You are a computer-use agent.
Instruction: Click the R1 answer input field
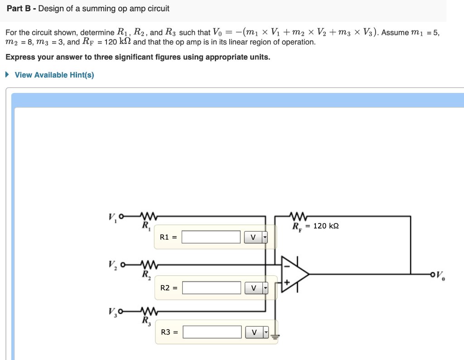tap(211, 237)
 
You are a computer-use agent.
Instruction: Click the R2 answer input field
tap(212, 287)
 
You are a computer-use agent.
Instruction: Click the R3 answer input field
tap(212, 332)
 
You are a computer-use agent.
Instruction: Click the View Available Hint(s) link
tap(54, 75)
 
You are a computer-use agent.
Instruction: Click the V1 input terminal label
tap(111, 217)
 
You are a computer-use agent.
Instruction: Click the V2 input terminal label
tap(112, 265)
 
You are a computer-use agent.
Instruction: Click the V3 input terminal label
tap(112, 311)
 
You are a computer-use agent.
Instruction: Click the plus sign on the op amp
tap(287, 282)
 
